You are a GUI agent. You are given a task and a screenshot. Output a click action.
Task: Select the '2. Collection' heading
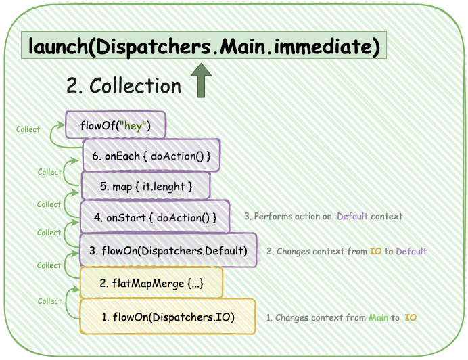[124, 86]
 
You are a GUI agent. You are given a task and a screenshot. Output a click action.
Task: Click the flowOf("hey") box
[116, 126]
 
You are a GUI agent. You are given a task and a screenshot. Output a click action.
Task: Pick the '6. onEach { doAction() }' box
[151, 156]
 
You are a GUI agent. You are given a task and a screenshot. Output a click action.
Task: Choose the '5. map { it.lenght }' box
[145, 185]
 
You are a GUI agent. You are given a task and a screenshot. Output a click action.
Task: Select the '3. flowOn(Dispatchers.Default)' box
[168, 250]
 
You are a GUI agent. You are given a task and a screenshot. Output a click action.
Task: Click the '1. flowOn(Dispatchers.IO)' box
[168, 317]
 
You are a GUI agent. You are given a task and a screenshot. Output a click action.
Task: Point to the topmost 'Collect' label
[28, 129]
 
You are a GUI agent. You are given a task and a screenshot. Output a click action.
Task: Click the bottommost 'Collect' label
[49, 301]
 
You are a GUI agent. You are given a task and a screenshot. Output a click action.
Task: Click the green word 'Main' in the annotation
[378, 317]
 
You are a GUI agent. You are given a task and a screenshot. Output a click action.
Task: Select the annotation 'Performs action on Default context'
[323, 217]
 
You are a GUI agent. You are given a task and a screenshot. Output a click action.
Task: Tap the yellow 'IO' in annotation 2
[375, 251]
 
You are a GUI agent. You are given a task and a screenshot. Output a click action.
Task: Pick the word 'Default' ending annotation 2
[411, 251]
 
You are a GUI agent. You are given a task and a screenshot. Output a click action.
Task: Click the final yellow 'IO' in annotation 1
[410, 317]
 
